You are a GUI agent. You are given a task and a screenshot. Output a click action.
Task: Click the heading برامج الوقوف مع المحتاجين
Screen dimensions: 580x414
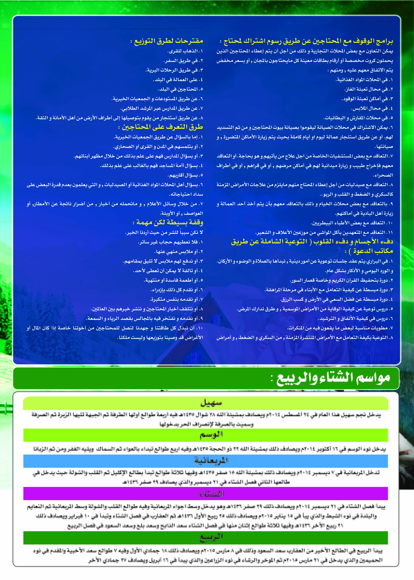pyautogui.click(x=306, y=41)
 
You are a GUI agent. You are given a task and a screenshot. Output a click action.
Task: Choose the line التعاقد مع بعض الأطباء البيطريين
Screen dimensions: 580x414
pyautogui.click(x=352, y=223)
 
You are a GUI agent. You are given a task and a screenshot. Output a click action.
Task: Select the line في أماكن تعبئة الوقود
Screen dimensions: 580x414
pyautogui.click(x=367, y=99)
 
